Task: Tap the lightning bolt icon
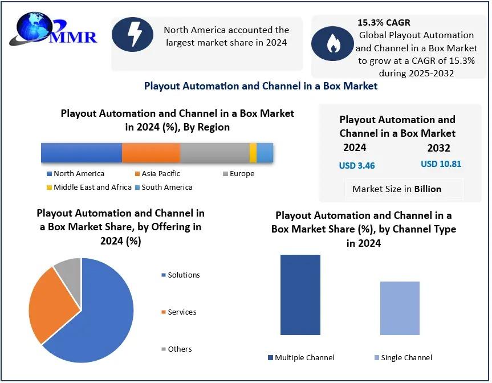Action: pos(133,35)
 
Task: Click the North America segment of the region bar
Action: pos(82,153)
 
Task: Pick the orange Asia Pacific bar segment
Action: pos(151,153)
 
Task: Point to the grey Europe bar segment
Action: pos(214,153)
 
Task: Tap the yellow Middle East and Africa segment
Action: pos(253,153)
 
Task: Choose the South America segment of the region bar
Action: pos(265,153)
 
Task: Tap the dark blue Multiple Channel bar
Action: pos(300,295)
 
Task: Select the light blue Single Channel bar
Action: pos(400,308)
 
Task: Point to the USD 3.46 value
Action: pos(357,166)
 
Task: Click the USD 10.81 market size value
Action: pos(441,164)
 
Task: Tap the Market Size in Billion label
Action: pos(397,189)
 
